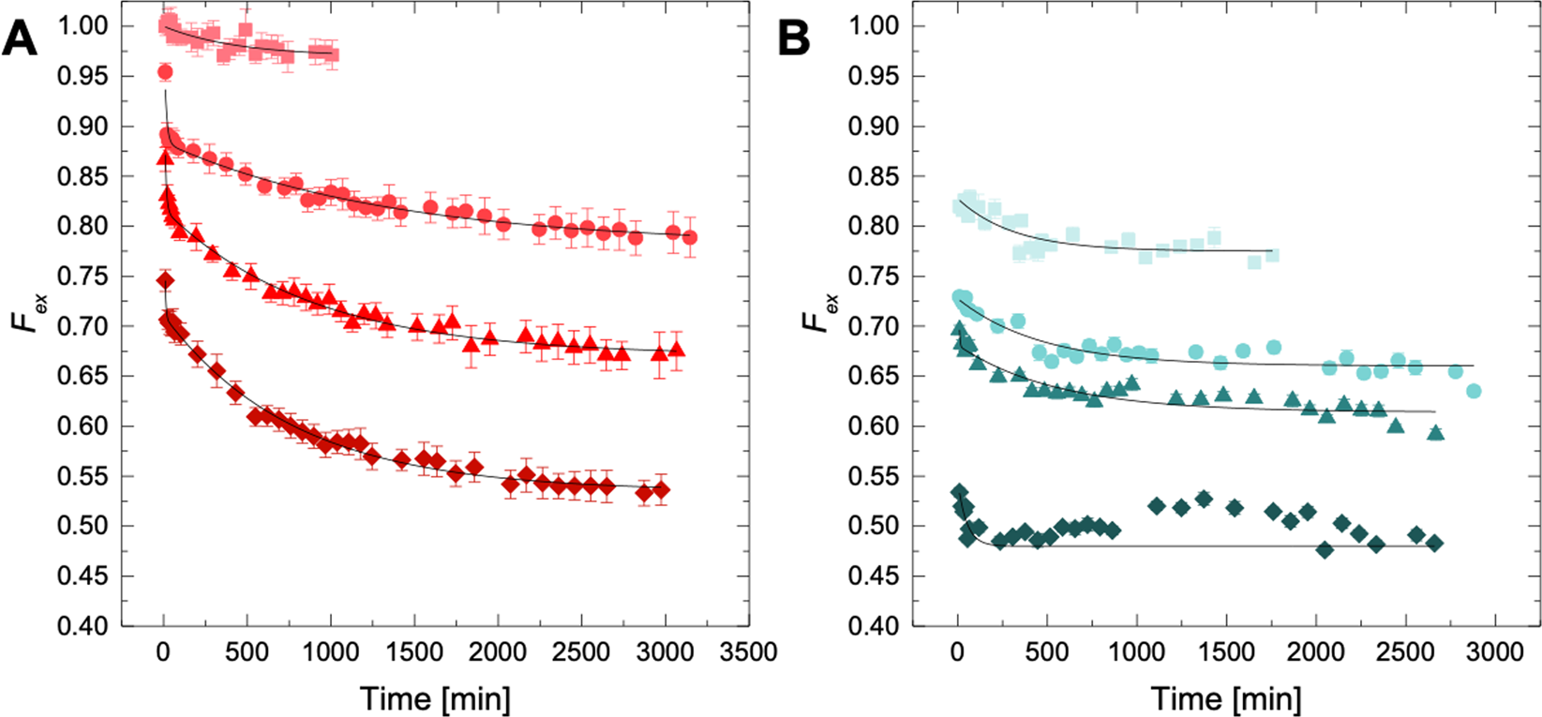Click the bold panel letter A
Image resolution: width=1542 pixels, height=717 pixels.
[21, 40]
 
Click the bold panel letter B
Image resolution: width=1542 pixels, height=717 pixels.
[794, 40]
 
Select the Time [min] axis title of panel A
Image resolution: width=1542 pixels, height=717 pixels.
[436, 698]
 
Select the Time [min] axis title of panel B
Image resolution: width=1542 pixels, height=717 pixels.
[1226, 698]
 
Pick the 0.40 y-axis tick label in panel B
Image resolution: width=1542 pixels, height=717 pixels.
[875, 625]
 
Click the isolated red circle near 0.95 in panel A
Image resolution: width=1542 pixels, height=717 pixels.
[165, 72]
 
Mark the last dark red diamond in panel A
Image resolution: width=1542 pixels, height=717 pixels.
[661, 490]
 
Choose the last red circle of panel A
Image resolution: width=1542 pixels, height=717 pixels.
[690, 238]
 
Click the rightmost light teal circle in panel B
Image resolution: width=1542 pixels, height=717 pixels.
[1474, 391]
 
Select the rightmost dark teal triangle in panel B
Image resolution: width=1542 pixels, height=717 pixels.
[1435, 433]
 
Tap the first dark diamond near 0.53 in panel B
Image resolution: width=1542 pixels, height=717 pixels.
[958, 492]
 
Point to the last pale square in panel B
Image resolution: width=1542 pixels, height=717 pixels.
[1272, 255]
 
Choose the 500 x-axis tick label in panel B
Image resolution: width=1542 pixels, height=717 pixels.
[1046, 652]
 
